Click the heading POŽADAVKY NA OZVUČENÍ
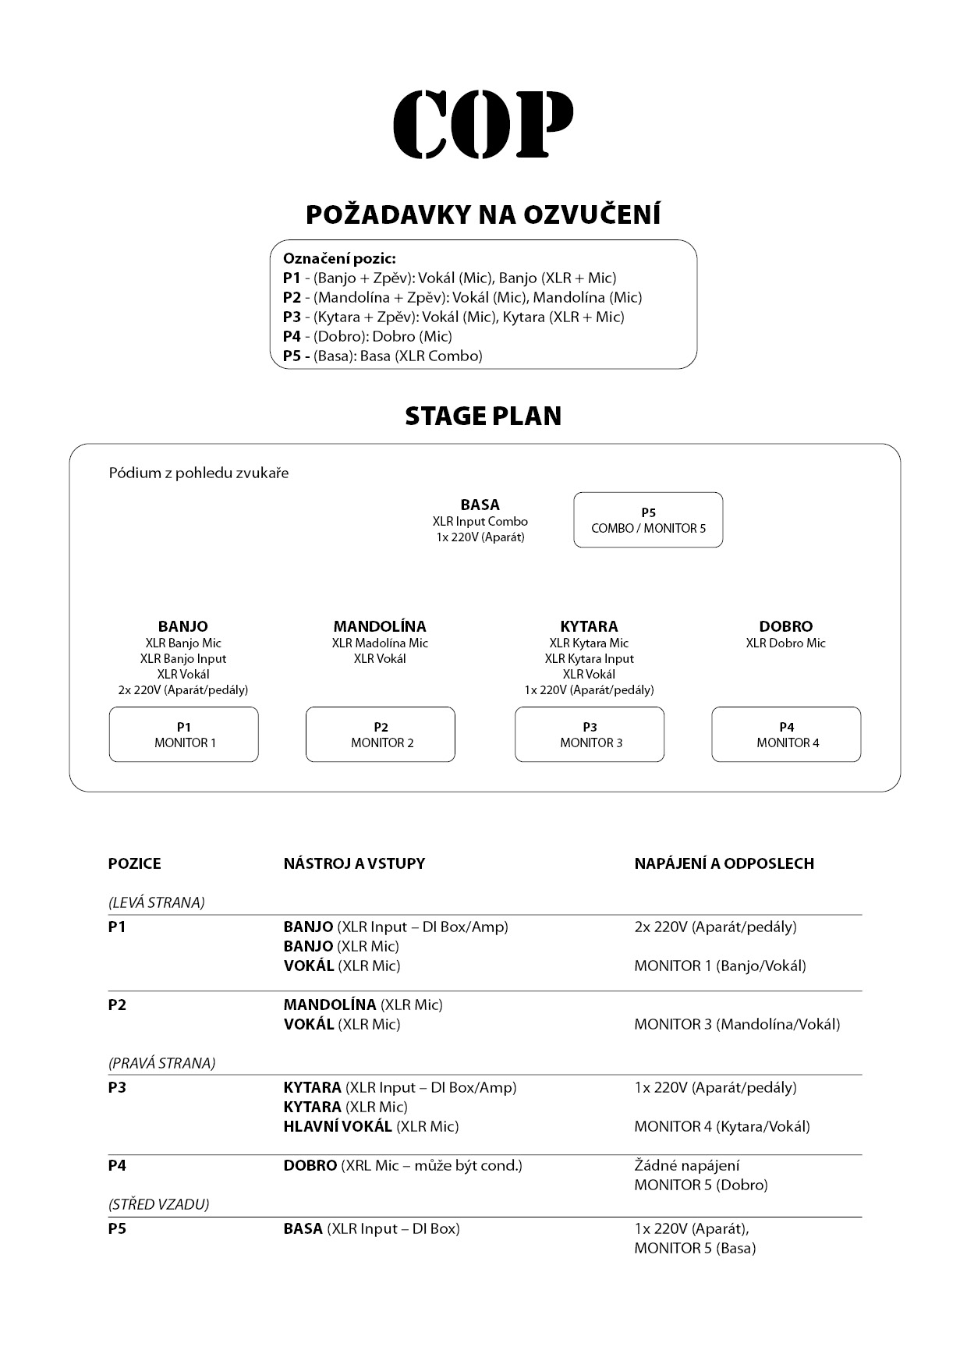pyautogui.click(x=483, y=214)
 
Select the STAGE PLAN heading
pyautogui.click(x=483, y=416)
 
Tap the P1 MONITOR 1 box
pyautogui.click(x=184, y=735)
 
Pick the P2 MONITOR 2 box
pyautogui.click(x=381, y=735)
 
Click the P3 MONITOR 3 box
pyautogui.click(x=590, y=735)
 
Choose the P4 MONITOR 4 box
pyautogui.click(x=786, y=735)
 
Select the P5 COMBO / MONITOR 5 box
pyautogui.click(x=648, y=520)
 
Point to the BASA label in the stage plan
pyautogui.click(x=480, y=505)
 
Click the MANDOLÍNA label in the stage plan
pyautogui.click(x=380, y=626)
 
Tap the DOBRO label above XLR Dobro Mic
pyautogui.click(x=785, y=626)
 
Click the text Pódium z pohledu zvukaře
pyautogui.click(x=199, y=473)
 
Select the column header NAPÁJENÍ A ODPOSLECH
pyautogui.click(x=724, y=863)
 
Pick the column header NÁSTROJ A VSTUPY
pyautogui.click(x=354, y=863)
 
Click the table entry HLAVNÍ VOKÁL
pyautogui.click(x=338, y=1126)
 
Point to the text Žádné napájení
pyautogui.click(x=687, y=1166)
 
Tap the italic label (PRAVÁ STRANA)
pyautogui.click(x=161, y=1063)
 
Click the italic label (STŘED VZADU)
pyautogui.click(x=159, y=1204)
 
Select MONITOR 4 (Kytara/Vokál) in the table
pyautogui.click(x=722, y=1126)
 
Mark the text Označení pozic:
pyautogui.click(x=339, y=258)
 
